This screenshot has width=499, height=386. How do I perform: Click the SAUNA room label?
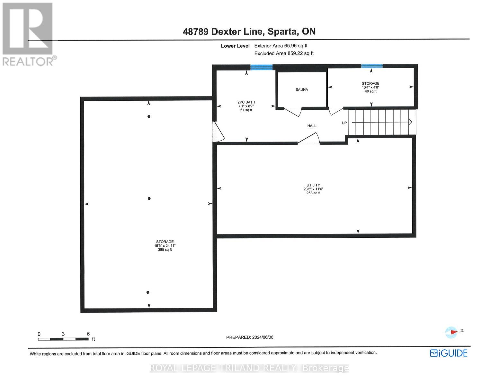[302, 90]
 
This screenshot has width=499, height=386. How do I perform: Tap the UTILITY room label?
[313, 185]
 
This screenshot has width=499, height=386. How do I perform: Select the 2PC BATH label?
[246, 102]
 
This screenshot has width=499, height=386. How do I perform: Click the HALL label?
[312, 126]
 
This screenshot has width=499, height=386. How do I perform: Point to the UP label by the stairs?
[344, 123]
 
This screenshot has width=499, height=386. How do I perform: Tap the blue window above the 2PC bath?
[261, 67]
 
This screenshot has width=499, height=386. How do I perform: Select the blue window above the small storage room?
[372, 66]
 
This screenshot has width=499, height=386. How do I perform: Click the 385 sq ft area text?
[165, 250]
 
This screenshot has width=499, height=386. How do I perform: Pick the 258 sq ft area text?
[313, 193]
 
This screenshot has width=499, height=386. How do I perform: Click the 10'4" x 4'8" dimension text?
[370, 87]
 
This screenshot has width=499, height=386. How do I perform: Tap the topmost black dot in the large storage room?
[149, 116]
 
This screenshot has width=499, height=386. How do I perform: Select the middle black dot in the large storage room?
[149, 198]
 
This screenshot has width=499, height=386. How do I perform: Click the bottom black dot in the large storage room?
[148, 292]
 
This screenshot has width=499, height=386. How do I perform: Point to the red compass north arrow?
[453, 332]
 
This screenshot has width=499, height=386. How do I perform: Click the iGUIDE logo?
[449, 353]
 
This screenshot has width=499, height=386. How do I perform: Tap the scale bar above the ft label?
[63, 339]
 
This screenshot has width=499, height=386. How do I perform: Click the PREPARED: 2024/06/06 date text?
[250, 337]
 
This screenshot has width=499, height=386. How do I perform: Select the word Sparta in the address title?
[282, 32]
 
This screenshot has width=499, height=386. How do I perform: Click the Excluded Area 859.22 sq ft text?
[284, 53]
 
